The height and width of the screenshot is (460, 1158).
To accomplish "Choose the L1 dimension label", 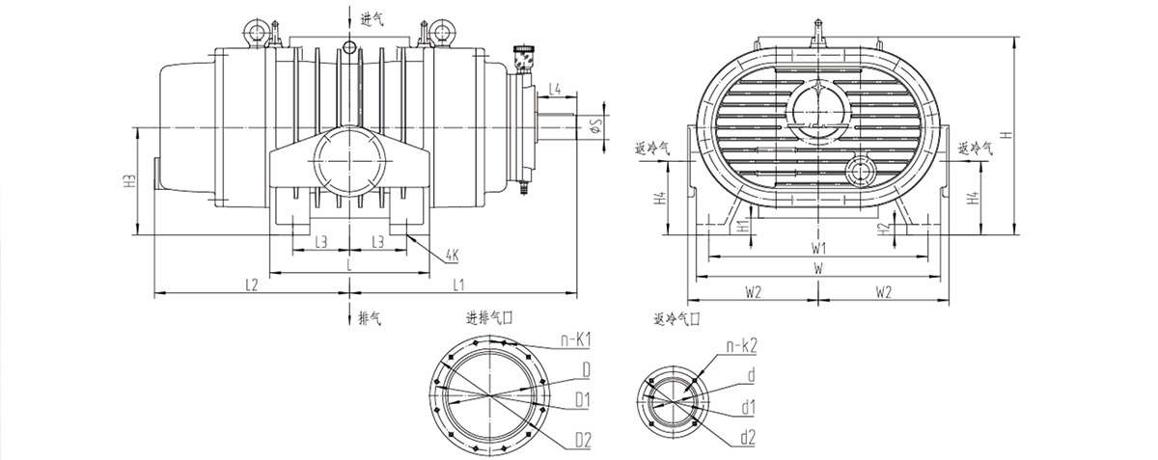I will click(x=458, y=284).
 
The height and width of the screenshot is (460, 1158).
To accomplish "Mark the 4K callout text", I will click(x=453, y=257).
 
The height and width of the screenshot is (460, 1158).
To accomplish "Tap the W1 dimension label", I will click(x=818, y=247).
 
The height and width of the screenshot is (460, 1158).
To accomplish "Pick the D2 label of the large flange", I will click(x=581, y=440).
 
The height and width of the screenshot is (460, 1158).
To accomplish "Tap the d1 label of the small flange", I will click(x=748, y=408).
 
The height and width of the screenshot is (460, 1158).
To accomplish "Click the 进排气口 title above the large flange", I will click(x=489, y=319).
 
